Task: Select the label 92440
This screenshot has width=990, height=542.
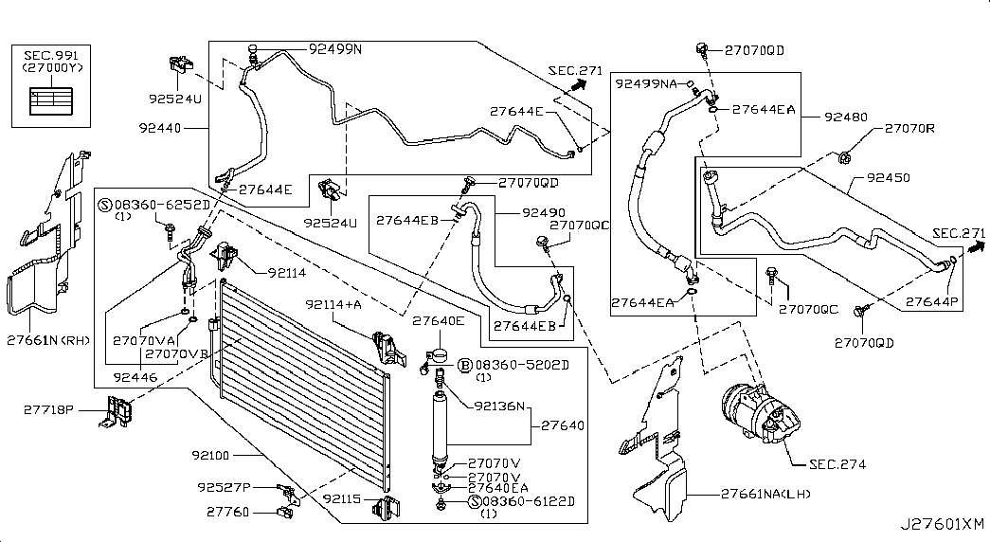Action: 161,126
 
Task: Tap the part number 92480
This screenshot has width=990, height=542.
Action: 845,117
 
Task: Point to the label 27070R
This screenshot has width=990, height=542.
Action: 909,128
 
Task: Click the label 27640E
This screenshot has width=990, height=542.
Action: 438,321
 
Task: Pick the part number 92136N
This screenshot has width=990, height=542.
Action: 499,407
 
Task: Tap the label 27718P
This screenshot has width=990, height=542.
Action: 48,409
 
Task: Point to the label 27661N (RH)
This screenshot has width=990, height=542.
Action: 46,338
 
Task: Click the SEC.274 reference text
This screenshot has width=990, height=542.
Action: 837,464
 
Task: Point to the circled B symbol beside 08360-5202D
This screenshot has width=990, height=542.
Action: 464,365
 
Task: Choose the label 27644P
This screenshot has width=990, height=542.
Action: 931,301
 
